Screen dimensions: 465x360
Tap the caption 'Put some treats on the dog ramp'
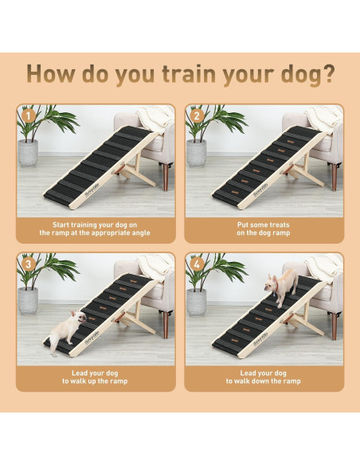tap(264, 229)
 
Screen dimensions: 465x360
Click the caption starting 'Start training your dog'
tap(95, 229)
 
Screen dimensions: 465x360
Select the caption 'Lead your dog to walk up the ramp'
tap(95, 377)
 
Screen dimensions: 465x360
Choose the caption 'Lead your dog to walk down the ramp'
tap(264, 377)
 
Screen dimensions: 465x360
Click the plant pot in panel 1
tap(29, 152)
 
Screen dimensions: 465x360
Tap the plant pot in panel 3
tap(29, 301)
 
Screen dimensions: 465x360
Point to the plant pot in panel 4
tap(197, 301)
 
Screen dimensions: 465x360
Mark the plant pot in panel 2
tap(197, 152)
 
